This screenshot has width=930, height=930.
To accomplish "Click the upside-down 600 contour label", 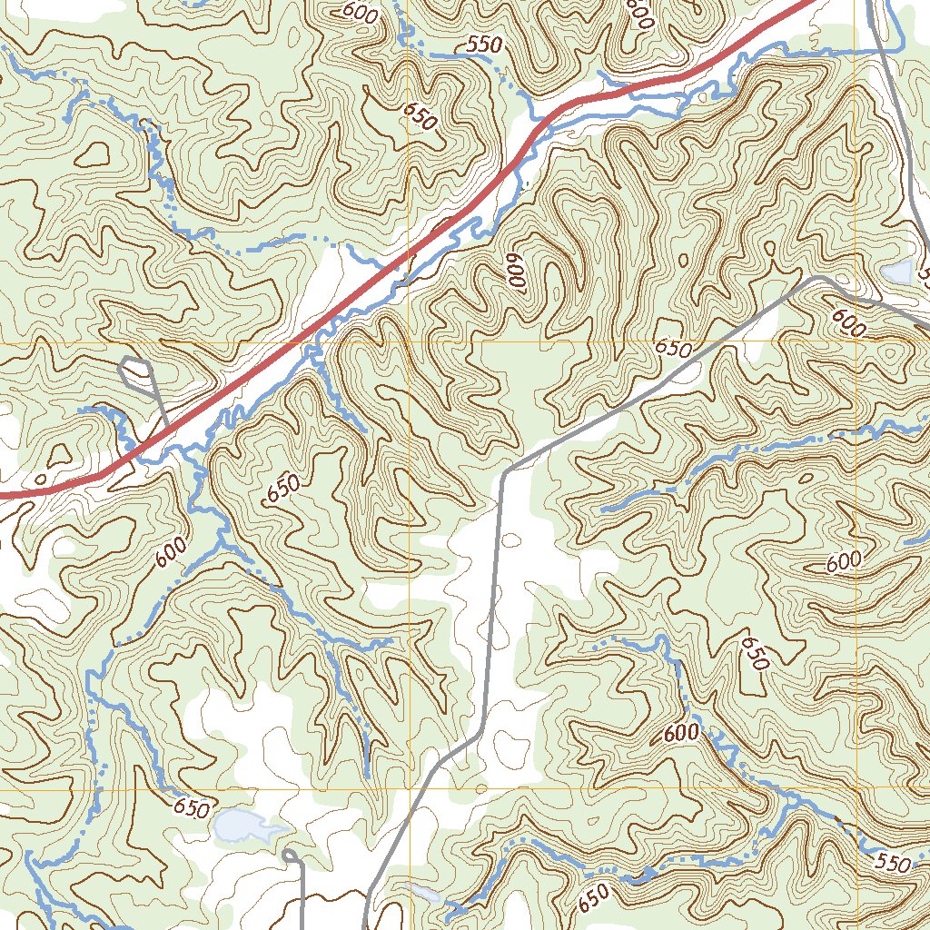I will coord(518,270).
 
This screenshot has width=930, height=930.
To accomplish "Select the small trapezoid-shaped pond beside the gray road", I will coord(898,272).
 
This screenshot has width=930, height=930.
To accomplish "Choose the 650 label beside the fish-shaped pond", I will coord(191,806).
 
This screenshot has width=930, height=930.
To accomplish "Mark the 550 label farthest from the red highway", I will coord(893,864).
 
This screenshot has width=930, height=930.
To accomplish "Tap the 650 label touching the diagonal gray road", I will coord(673,349).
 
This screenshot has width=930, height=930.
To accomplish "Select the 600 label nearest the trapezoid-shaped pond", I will coord(848,322).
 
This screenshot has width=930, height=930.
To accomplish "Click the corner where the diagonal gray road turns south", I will coord(505,470).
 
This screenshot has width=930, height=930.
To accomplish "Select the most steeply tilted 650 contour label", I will coord(755,652).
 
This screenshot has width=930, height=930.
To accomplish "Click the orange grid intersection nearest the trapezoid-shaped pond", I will coord(855,344).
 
